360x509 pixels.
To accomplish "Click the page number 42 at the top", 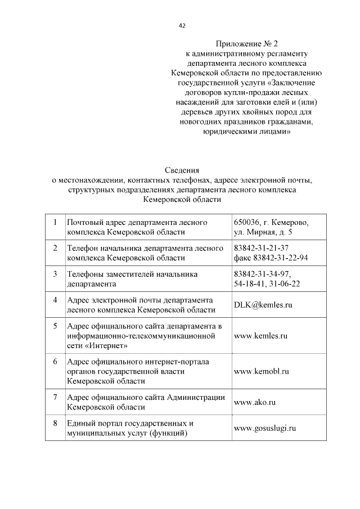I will (x=182, y=25).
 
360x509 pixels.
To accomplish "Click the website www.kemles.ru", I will (x=260, y=336).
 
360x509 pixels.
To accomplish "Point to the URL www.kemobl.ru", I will (x=261, y=371).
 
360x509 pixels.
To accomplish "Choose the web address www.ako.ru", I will (x=254, y=402).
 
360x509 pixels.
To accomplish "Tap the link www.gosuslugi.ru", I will (x=264, y=428).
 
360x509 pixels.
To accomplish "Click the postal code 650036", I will (x=249, y=222).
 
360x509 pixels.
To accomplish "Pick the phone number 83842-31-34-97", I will (x=262, y=274).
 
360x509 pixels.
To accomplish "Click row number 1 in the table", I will (x=55, y=222).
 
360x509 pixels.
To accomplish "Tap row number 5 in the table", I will (x=55, y=326).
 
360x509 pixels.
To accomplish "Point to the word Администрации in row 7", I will (x=196, y=397).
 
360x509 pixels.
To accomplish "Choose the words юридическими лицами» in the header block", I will (x=246, y=131).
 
